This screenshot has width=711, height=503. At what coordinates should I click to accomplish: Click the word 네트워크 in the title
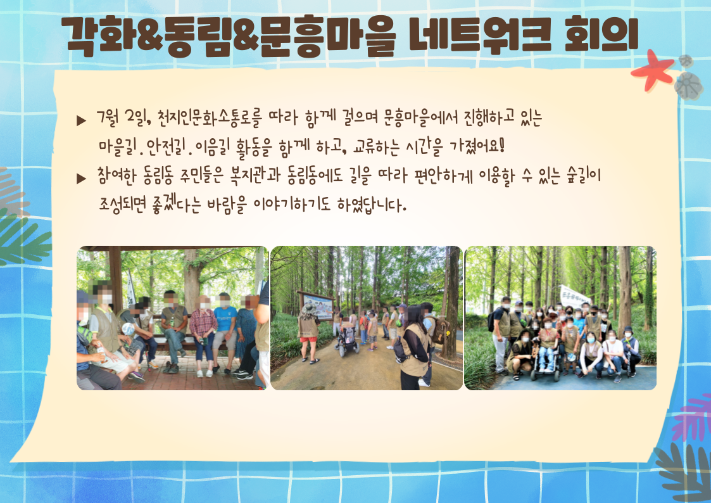click(481, 34)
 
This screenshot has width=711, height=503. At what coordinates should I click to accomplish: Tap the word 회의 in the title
click(601, 34)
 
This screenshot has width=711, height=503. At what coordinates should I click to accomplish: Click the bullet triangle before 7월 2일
click(81, 120)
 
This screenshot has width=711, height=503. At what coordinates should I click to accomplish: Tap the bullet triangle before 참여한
click(81, 178)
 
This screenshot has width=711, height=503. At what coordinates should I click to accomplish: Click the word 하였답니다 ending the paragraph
click(372, 205)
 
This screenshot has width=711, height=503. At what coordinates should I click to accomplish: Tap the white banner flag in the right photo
click(574, 296)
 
